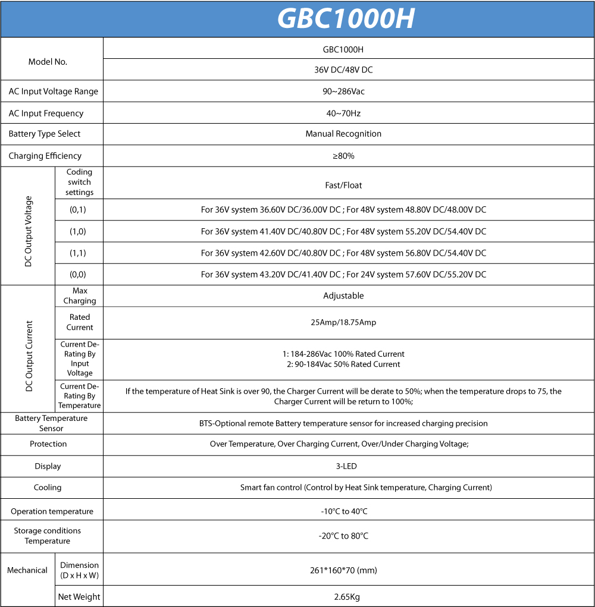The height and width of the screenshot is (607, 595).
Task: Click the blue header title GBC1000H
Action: pyautogui.click(x=346, y=19)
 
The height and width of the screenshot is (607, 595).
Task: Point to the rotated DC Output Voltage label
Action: pyautogui.click(x=29, y=231)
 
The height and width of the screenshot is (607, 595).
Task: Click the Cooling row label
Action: pyautogui.click(x=48, y=488)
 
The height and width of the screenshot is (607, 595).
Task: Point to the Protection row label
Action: pyautogui.click(x=48, y=444)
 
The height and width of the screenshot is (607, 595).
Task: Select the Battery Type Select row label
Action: pyautogui.click(x=45, y=134)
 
